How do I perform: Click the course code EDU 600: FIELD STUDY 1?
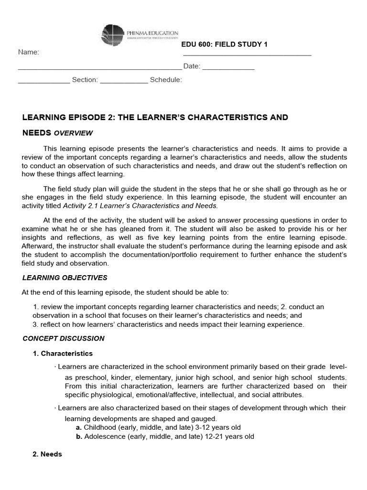[x=224, y=45]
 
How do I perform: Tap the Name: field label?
[x=29, y=52]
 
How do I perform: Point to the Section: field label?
[x=85, y=80]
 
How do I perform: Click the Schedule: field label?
[x=166, y=80]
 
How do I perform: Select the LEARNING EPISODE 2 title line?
[x=155, y=117]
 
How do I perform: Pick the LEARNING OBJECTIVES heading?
[x=65, y=278]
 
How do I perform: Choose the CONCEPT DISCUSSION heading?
[x=64, y=338]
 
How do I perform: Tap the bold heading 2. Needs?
[x=47, y=454]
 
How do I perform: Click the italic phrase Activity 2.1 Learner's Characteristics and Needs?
[x=140, y=206]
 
